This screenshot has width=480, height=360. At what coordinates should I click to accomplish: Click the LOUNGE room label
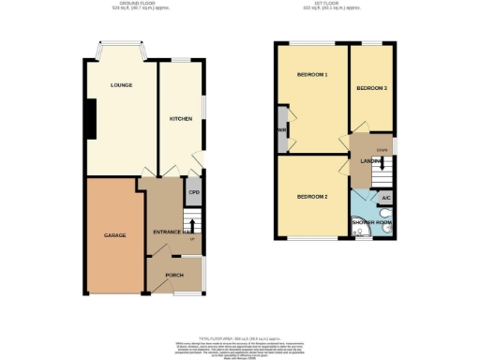coord(120,85)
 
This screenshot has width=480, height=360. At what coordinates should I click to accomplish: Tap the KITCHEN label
coord(180,119)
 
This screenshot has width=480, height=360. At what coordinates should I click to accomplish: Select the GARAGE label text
coord(114,234)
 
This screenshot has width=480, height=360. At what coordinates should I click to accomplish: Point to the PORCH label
coord(174,275)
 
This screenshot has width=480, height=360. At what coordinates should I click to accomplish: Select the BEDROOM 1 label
coord(311,74)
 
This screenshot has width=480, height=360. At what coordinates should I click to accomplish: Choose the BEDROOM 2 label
coord(311,197)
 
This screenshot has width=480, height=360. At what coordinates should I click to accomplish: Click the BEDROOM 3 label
coord(371,87)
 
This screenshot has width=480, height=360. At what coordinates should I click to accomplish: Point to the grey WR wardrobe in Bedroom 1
coord(281,130)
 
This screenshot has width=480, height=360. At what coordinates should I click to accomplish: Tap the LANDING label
coord(369,160)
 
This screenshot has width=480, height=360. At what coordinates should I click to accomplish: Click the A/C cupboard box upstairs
coord(385,198)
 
